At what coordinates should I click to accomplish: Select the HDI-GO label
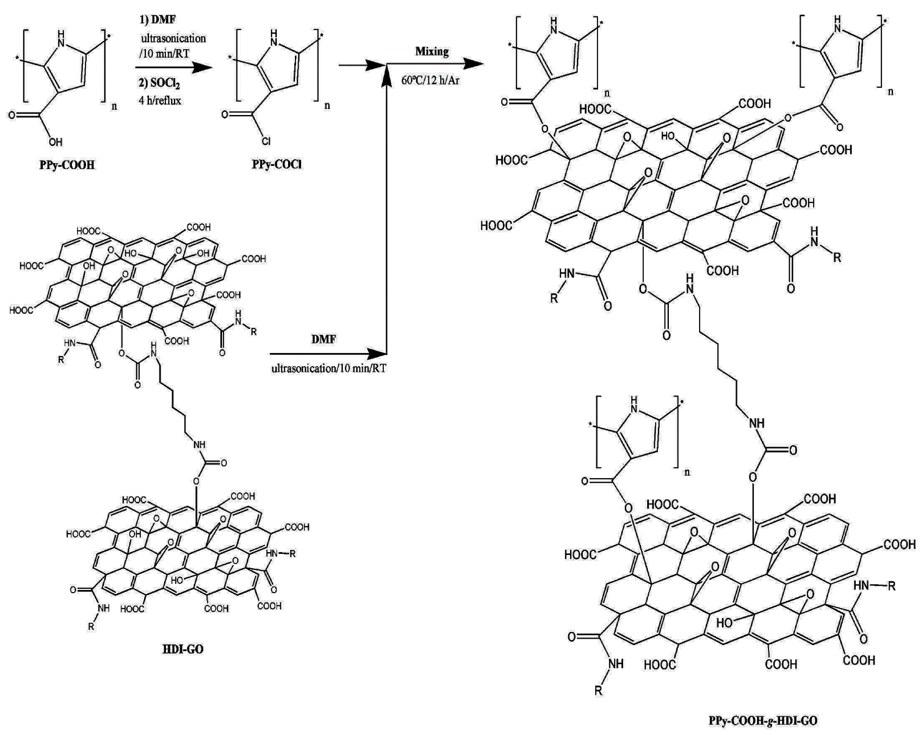coord(183,649)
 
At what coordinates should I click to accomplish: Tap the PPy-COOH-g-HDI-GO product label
coord(762,721)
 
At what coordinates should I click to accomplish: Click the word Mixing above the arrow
coord(432,51)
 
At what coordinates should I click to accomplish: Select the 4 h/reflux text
coord(160,101)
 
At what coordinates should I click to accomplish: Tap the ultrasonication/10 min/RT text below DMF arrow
coord(328,368)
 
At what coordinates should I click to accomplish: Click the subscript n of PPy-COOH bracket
coord(114,106)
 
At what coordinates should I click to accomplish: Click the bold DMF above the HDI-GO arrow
coord(324,339)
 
